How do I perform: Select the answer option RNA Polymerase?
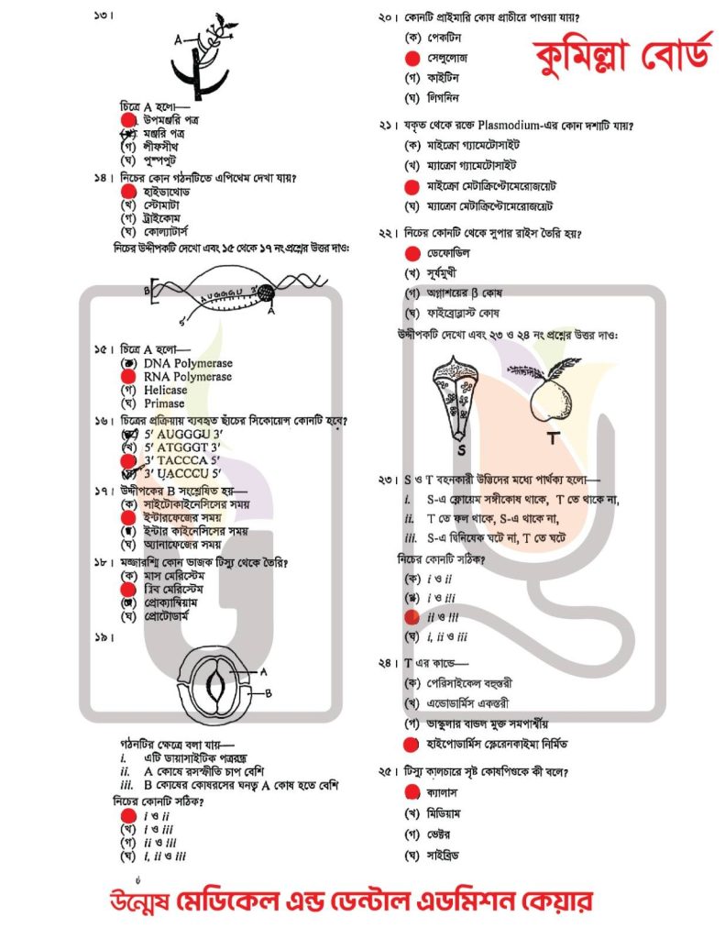pos(188,376)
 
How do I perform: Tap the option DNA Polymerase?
pos(188,363)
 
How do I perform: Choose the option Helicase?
pos(164,390)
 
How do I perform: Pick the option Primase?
pos(164,403)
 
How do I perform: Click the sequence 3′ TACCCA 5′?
pos(182,460)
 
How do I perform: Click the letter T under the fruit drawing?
pos(553,439)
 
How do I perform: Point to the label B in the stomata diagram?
pos(269,694)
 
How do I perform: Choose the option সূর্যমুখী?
pos(450,272)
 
